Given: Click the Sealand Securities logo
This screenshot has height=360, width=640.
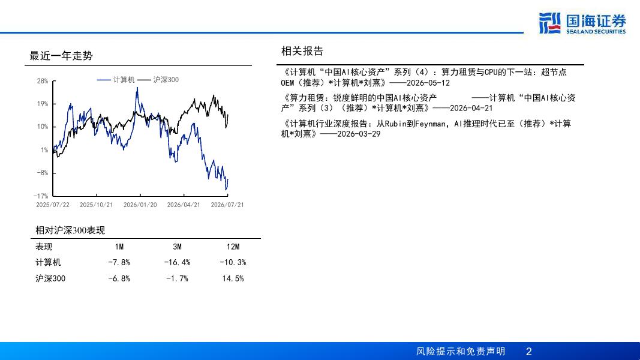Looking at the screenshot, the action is tap(582, 23).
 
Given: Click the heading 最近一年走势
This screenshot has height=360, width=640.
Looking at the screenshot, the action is tap(61, 56).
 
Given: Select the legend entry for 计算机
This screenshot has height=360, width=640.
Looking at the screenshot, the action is tap(116, 80).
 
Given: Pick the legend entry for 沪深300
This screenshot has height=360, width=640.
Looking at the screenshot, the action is tap(158, 80).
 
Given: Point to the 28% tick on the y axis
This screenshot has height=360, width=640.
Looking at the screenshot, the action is tap(43, 81).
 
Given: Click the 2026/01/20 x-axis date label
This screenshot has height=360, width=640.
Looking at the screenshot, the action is tap(140, 205).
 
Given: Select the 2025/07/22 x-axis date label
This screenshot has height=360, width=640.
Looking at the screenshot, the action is tap(53, 205).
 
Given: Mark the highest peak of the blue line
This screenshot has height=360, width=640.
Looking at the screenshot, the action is tap(137, 88).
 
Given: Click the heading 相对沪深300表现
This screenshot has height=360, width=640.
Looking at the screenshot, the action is tap(70, 230).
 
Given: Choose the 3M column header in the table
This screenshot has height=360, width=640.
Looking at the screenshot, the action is tap(177, 247).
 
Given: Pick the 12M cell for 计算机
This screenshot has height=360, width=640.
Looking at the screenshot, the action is tap(233, 262).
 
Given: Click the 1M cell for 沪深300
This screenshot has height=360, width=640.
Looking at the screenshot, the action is tap(119, 278).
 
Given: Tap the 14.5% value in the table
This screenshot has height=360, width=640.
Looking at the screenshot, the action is tap(233, 278).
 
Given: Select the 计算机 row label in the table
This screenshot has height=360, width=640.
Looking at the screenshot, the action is tap(48, 262).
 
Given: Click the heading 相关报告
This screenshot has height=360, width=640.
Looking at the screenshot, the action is tap(302, 51).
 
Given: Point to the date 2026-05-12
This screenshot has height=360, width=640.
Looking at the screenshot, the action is tap(428, 83).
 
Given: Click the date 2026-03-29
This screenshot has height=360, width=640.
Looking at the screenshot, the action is tap(359, 134).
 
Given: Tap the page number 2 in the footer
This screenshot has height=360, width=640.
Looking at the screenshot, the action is tap(529, 352).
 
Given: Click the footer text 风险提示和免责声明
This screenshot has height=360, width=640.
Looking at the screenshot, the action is tap(461, 352).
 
